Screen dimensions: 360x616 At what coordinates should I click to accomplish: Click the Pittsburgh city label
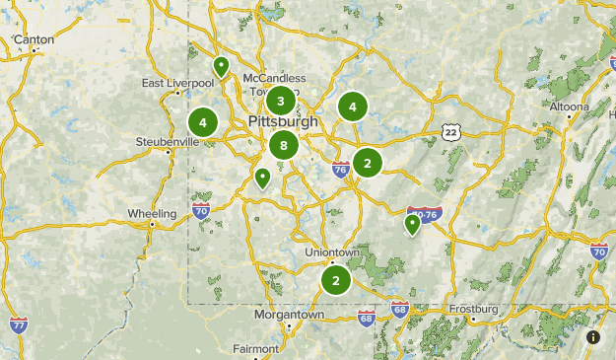click(x=284, y=121)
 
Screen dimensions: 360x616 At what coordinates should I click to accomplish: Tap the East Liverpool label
click(x=177, y=83)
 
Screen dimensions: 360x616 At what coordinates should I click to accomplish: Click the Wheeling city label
click(x=152, y=214)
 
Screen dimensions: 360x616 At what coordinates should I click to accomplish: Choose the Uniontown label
click(x=332, y=252)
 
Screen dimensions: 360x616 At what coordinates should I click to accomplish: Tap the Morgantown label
click(x=289, y=315)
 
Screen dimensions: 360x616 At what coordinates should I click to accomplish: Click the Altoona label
click(x=569, y=106)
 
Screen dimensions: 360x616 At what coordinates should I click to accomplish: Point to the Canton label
click(x=34, y=39)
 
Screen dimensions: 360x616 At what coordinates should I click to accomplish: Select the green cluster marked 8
click(x=284, y=147)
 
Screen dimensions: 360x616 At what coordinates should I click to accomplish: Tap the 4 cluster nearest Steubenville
click(x=203, y=122)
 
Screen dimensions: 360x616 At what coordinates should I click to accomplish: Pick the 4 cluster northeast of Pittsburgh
click(x=352, y=108)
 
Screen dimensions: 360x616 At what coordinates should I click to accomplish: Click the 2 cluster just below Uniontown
click(x=336, y=280)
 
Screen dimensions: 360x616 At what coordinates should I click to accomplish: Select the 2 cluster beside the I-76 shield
click(x=368, y=162)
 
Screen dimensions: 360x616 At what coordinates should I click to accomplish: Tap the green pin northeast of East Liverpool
click(x=222, y=67)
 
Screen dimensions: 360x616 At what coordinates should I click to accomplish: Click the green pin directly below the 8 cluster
click(x=262, y=179)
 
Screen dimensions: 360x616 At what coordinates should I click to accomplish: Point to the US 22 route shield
click(x=450, y=132)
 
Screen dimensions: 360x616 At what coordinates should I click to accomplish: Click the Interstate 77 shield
click(x=18, y=324)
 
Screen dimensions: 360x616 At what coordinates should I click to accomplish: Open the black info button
click(x=593, y=337)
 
